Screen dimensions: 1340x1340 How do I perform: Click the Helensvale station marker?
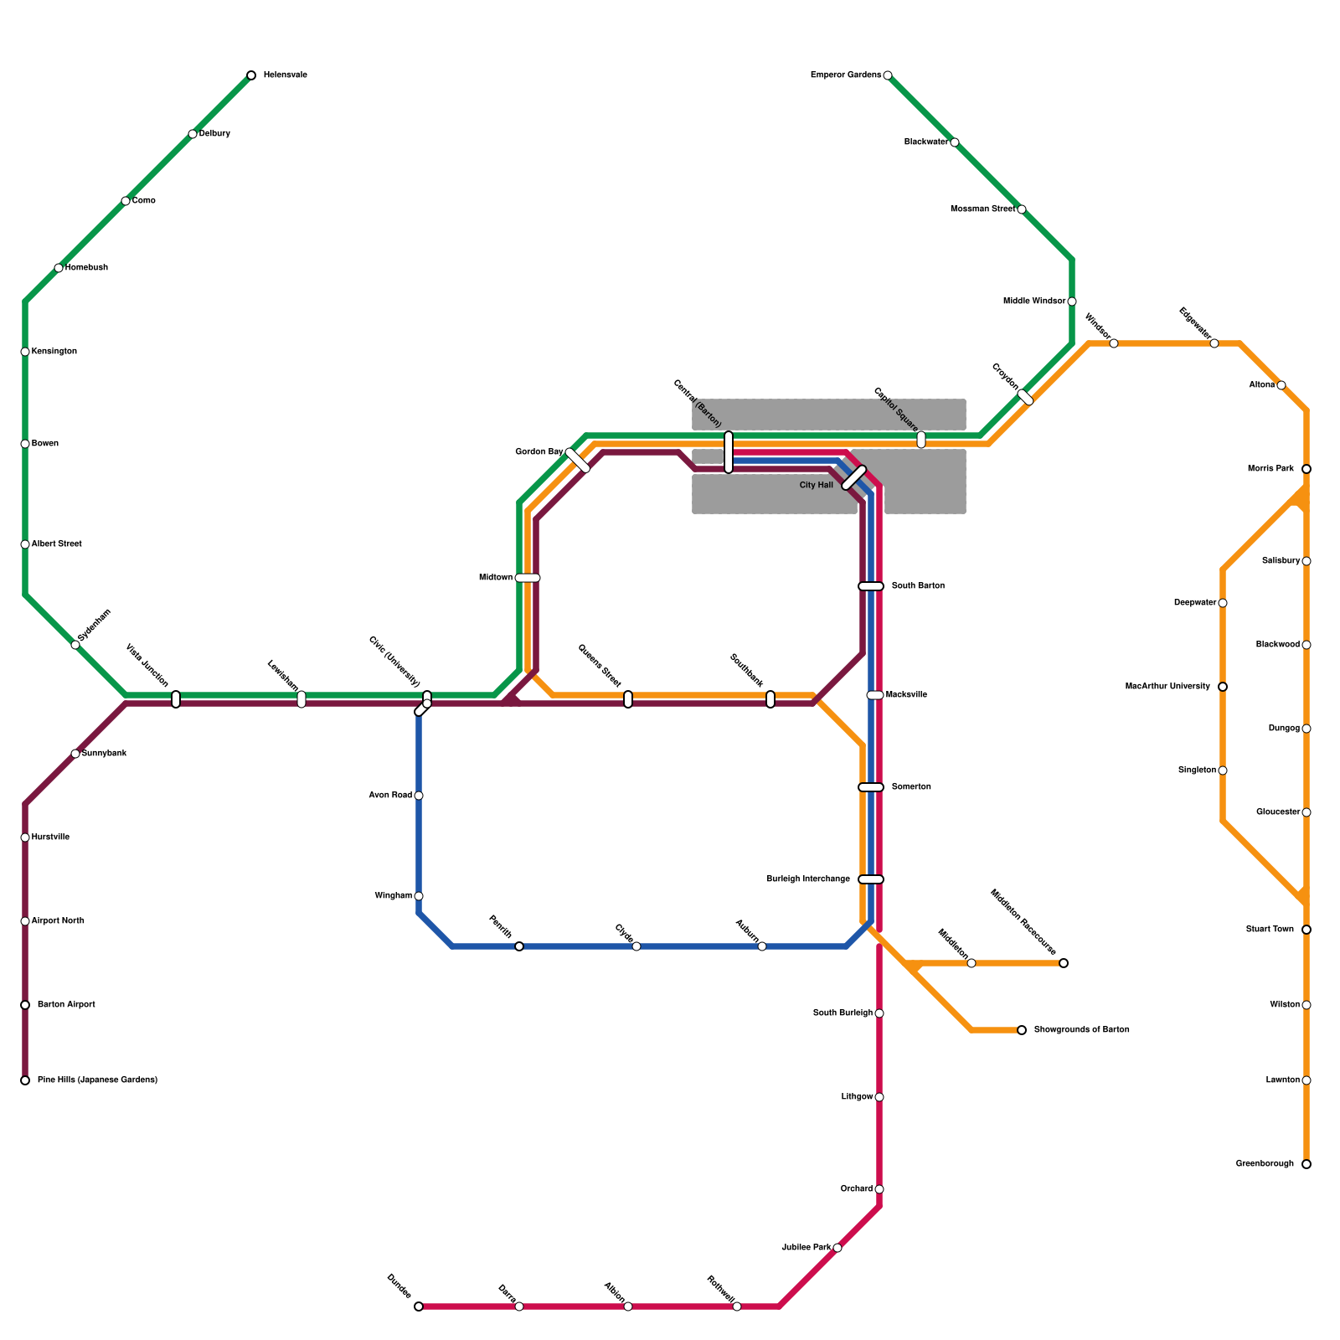[251, 75]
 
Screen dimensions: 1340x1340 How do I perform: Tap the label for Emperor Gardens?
[845, 75]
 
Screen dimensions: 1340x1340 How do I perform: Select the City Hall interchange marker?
[853, 477]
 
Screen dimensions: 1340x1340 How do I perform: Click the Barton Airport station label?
[66, 1005]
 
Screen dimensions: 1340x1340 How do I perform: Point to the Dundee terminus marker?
[419, 1306]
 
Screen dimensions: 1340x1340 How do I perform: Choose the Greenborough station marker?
[1306, 1164]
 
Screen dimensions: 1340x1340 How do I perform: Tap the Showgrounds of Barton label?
[1081, 1030]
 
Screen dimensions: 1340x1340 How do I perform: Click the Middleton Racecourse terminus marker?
[1064, 963]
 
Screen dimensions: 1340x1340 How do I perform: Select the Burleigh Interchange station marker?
[871, 879]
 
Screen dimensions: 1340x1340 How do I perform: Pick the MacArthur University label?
[1167, 687]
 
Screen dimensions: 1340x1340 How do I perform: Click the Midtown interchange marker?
[528, 578]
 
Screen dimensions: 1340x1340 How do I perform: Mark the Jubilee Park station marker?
[837, 1248]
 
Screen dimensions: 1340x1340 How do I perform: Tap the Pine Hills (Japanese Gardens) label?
[97, 1080]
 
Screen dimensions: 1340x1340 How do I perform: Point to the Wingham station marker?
[419, 896]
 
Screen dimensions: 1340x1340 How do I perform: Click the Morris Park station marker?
[1306, 469]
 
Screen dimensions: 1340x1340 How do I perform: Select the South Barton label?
[918, 586]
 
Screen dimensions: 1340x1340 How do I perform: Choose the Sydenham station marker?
[75, 645]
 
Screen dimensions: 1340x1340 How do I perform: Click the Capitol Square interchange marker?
[921, 440]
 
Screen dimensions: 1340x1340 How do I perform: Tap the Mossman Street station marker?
[1022, 209]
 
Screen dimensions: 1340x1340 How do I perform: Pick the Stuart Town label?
[1270, 930]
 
